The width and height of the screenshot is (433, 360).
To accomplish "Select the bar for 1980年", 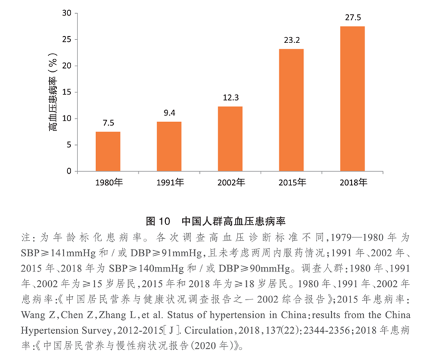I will pos(107,151).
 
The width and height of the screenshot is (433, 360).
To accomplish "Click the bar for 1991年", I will pos(169,146).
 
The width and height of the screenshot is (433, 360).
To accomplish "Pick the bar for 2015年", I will pos(291,110).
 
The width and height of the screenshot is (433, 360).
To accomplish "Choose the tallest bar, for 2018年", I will pos(352,99).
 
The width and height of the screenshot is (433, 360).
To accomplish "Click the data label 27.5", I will pos(352,17).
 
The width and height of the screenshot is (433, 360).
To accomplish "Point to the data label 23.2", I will pos(291,39).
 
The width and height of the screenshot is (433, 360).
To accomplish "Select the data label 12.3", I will pos(230,97).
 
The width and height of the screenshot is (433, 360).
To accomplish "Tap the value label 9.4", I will pos(169,112).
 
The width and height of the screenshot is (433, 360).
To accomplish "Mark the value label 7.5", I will pos(107,122).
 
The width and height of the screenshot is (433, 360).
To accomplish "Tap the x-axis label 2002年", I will pos(230,184).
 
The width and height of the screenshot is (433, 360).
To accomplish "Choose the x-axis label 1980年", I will pos(107,184).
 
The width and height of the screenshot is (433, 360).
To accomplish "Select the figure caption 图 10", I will pos(157,221).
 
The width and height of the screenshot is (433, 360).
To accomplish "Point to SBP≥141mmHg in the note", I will pos(57,252).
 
